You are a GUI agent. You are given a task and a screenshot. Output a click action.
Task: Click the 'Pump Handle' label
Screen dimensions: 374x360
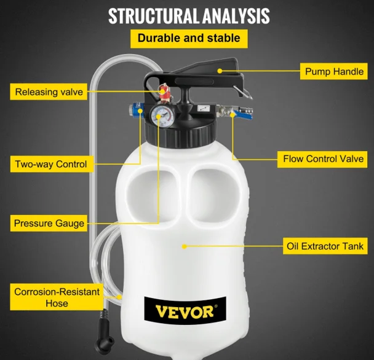pos(333,71)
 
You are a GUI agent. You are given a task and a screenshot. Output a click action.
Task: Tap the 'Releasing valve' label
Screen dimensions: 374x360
pos(49,92)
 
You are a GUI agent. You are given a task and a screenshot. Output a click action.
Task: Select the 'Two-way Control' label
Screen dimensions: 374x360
pos(52,164)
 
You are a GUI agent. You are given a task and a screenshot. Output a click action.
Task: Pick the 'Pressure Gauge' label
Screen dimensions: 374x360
pos(49,223)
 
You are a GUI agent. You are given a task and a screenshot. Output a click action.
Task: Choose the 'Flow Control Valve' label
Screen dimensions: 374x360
pos(322,159)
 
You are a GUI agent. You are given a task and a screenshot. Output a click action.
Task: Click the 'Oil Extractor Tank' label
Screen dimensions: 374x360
pos(325,246)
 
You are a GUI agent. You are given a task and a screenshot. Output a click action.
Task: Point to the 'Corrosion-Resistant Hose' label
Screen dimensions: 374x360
pos(57,297)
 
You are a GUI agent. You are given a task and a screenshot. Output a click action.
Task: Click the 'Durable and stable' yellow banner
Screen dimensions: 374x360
pos(189,38)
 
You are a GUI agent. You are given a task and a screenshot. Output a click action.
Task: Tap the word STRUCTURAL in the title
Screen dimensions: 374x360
pos(153,16)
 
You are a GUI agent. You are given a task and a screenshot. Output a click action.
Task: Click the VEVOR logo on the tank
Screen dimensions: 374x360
pos(185,311)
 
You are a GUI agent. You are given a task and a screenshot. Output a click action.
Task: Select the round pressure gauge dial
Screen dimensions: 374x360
pos(164,116)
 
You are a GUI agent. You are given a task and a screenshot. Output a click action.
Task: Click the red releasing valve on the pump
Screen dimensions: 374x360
pos(164,92)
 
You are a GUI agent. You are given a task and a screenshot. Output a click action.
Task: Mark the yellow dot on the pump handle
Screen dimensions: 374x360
pos(220,71)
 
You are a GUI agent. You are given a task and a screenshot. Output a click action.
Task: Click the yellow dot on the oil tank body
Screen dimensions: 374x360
pos(184,246)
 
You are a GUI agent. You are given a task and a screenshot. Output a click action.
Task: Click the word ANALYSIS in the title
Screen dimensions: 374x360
pos(236,16)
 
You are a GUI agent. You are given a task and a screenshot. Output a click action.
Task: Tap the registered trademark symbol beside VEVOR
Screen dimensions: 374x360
pos(216,306)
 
